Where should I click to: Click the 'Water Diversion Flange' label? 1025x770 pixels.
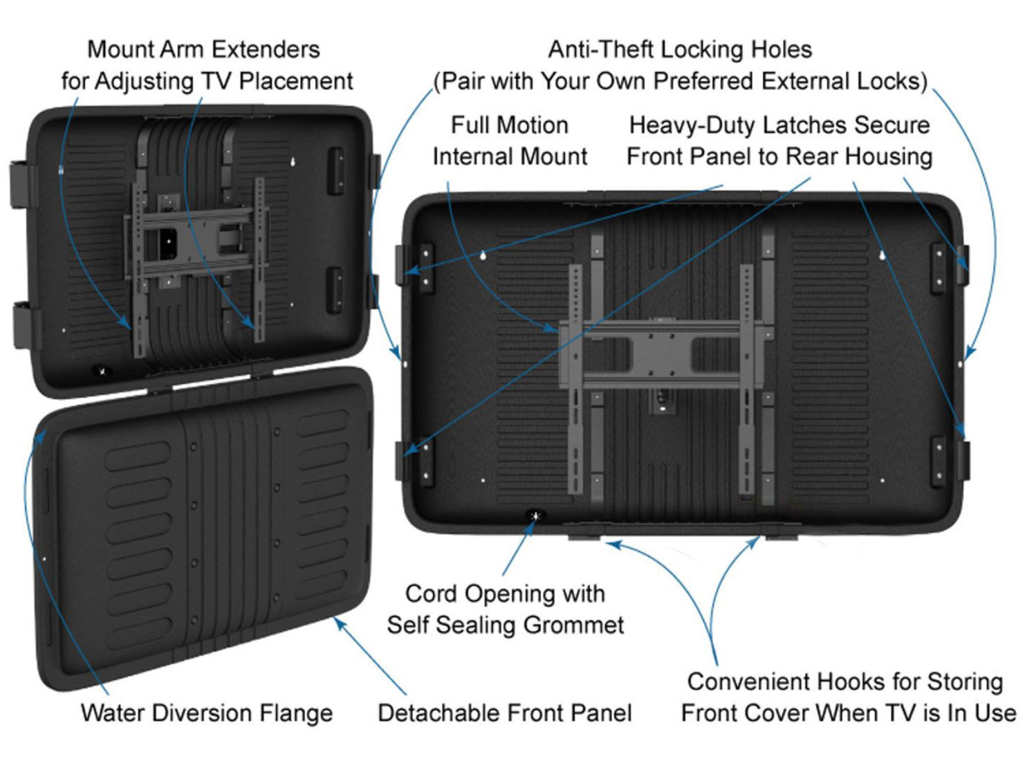click(206, 713)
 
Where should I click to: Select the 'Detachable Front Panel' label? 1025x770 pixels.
click(504, 713)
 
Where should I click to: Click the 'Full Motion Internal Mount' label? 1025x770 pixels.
click(510, 140)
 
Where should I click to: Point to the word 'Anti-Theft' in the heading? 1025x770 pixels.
click(593, 49)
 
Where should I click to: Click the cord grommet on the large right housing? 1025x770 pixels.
click(535, 515)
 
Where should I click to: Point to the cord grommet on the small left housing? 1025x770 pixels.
click(102, 371)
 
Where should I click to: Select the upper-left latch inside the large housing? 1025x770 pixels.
click(423, 266)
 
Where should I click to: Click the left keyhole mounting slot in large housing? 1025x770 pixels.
click(483, 256)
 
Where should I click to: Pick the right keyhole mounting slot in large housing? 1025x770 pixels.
click(882, 256)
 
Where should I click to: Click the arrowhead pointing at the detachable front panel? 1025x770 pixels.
click(338, 623)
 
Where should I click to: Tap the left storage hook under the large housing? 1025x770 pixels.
click(584, 535)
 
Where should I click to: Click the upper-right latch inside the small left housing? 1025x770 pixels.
click(335, 168)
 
